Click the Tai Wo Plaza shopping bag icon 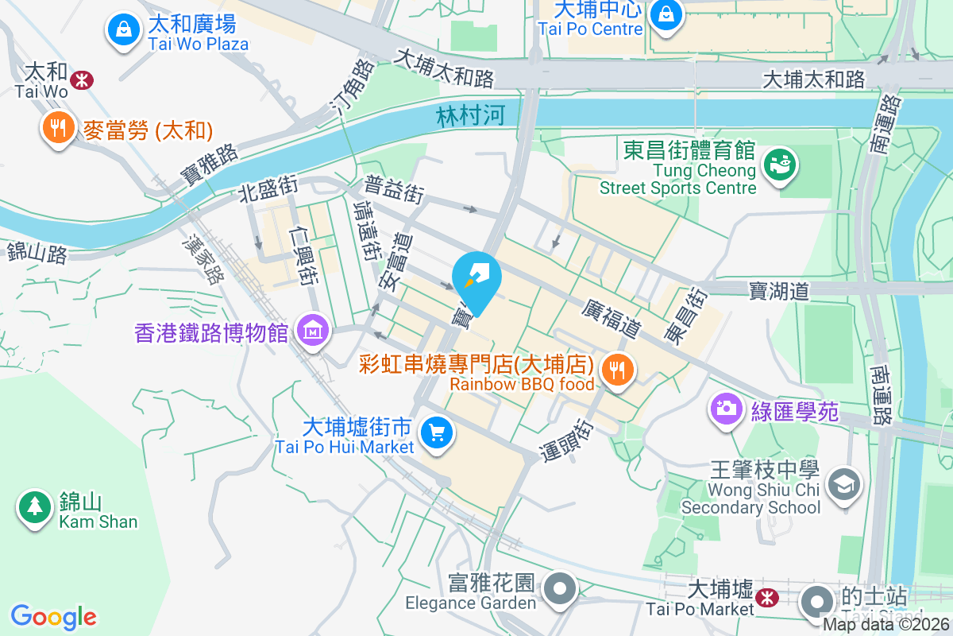(123, 30)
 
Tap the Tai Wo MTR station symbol (81, 79)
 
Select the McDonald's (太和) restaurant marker (58, 126)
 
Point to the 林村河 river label (470, 116)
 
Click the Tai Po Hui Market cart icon (436, 433)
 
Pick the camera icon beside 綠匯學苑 (725, 409)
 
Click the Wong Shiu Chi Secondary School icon (843, 483)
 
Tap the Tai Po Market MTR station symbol (767, 596)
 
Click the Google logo (53, 616)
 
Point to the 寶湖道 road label (778, 291)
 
